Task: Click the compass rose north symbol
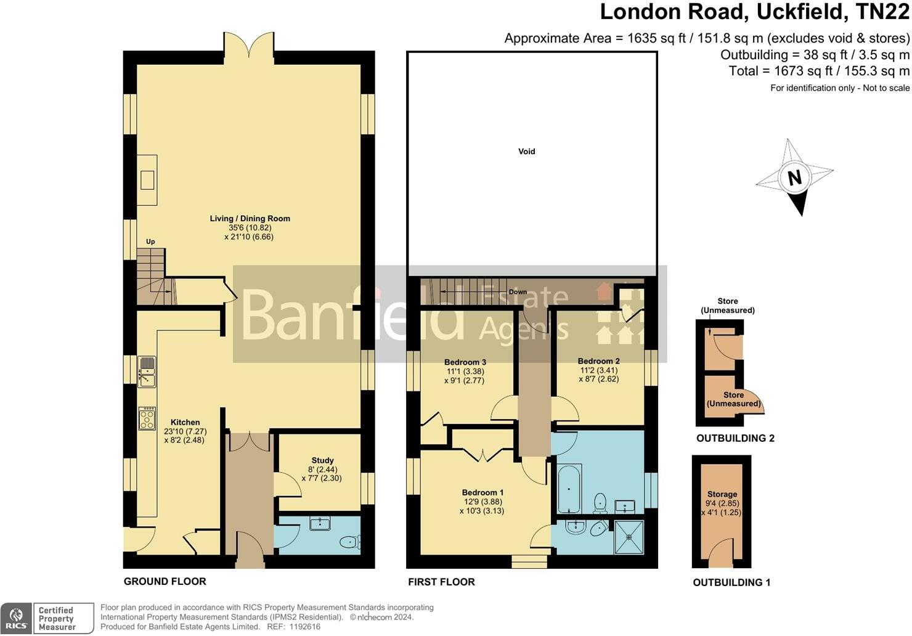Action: [795, 177]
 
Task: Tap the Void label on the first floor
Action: [526, 151]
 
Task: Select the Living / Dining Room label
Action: [250, 218]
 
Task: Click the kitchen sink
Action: [147, 372]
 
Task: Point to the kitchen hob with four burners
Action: [147, 419]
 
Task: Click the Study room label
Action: [322, 460]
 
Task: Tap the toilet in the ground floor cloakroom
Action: [350, 542]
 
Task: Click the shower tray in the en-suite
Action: [629, 537]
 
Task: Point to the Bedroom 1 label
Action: [482, 492]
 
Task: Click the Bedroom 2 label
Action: [598, 361]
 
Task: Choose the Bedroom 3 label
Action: [465, 362]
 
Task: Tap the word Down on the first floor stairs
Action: [518, 292]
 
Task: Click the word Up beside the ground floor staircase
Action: [150, 242]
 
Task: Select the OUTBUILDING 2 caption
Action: [735, 438]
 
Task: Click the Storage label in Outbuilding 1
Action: [722, 494]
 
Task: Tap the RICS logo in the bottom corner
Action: [17, 618]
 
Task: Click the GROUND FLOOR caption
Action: [165, 581]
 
